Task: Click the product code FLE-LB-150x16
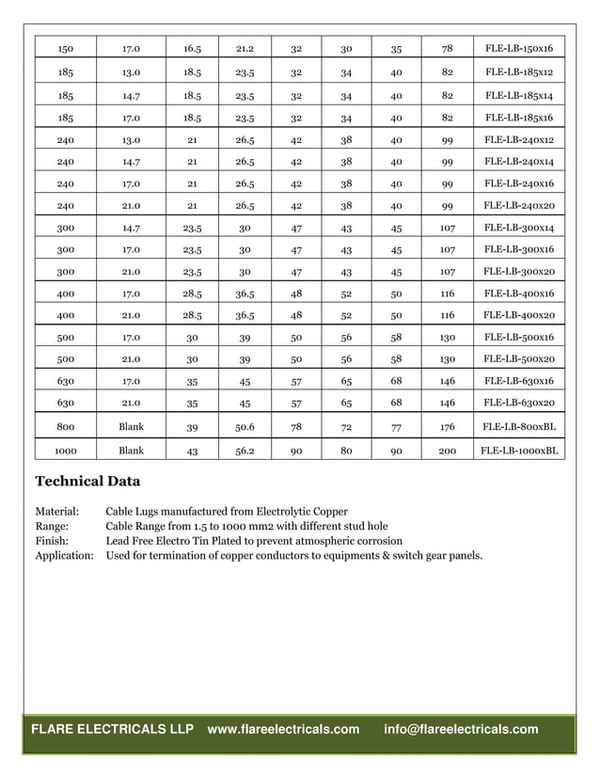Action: point(518,48)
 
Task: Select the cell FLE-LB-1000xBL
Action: point(518,451)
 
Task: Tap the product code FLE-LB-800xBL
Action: point(518,426)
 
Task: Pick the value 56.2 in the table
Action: point(245,451)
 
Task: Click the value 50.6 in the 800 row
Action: point(245,426)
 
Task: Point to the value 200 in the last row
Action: point(447,451)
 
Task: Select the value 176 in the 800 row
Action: point(447,426)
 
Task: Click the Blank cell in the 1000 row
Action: point(132,451)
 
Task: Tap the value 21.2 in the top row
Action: point(245,48)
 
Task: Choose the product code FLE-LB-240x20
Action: point(518,205)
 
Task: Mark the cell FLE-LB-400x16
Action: point(518,293)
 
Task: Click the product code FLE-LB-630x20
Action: point(518,403)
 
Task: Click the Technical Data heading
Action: point(87,482)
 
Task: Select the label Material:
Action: point(56,512)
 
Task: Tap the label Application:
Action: point(64,555)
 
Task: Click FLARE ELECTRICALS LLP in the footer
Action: point(113,729)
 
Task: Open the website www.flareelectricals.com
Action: point(283,729)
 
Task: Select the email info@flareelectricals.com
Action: point(461,729)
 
